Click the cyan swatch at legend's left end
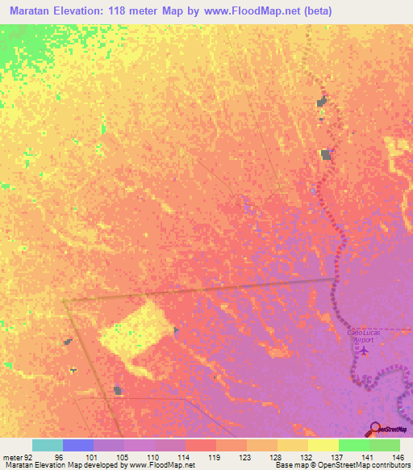pyautogui.click(x=48, y=445)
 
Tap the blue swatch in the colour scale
pyautogui.click(x=78, y=445)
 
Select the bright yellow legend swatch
pyautogui.click(x=323, y=445)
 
